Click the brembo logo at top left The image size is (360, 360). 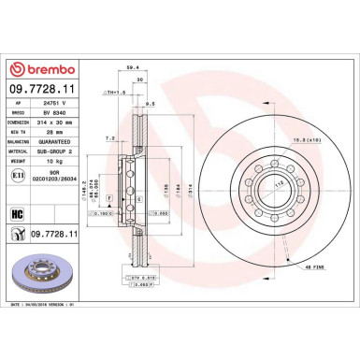pyautogui.click(x=44, y=70)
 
